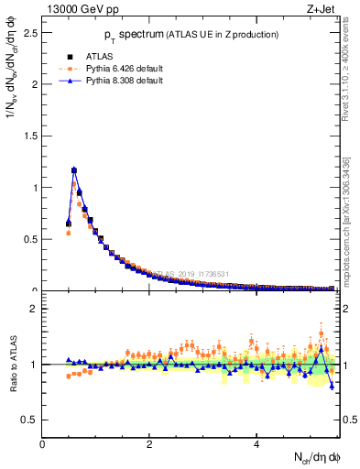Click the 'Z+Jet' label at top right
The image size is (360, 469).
click(x=322, y=10)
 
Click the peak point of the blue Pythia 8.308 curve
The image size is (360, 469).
click(x=74, y=169)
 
